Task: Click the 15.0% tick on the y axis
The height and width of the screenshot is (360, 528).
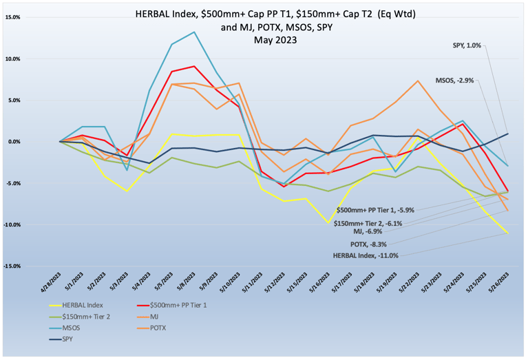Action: (30, 17)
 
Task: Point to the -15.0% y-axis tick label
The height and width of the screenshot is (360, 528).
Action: (29, 266)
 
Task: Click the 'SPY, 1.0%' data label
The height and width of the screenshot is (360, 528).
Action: (468, 45)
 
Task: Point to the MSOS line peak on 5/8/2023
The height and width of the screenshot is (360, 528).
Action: (194, 32)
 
